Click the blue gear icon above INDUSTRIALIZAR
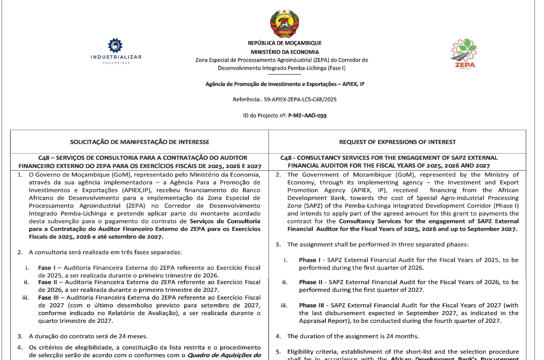point(115,45)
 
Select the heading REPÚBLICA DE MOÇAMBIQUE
point(284,43)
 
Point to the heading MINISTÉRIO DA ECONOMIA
point(284,52)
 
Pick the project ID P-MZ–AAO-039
point(307,115)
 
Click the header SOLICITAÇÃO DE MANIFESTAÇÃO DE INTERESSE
point(139,142)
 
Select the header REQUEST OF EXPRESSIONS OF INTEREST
point(397,142)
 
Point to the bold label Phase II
point(311,282)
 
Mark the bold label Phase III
point(312,305)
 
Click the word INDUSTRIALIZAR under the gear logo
point(116,57)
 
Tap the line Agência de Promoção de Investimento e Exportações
point(284,84)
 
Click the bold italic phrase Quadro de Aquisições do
point(224,355)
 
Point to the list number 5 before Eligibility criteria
point(278,352)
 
